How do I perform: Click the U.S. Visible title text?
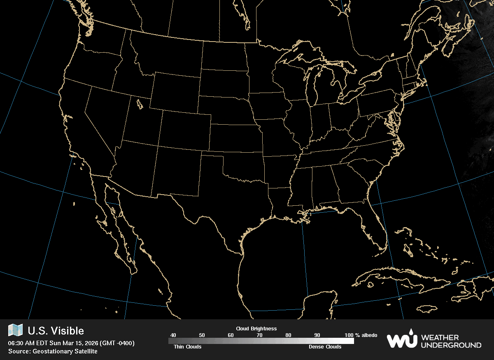(x=56, y=331)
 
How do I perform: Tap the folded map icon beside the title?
(x=16, y=330)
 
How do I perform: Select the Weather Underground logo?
(x=433, y=340)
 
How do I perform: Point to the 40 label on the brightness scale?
(x=173, y=335)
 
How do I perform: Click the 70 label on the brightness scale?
(x=259, y=335)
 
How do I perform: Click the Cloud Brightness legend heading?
(x=256, y=329)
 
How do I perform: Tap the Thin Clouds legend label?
(x=185, y=347)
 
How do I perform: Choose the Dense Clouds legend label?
(x=325, y=347)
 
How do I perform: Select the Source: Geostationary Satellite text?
(x=53, y=351)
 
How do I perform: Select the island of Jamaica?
(x=429, y=309)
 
